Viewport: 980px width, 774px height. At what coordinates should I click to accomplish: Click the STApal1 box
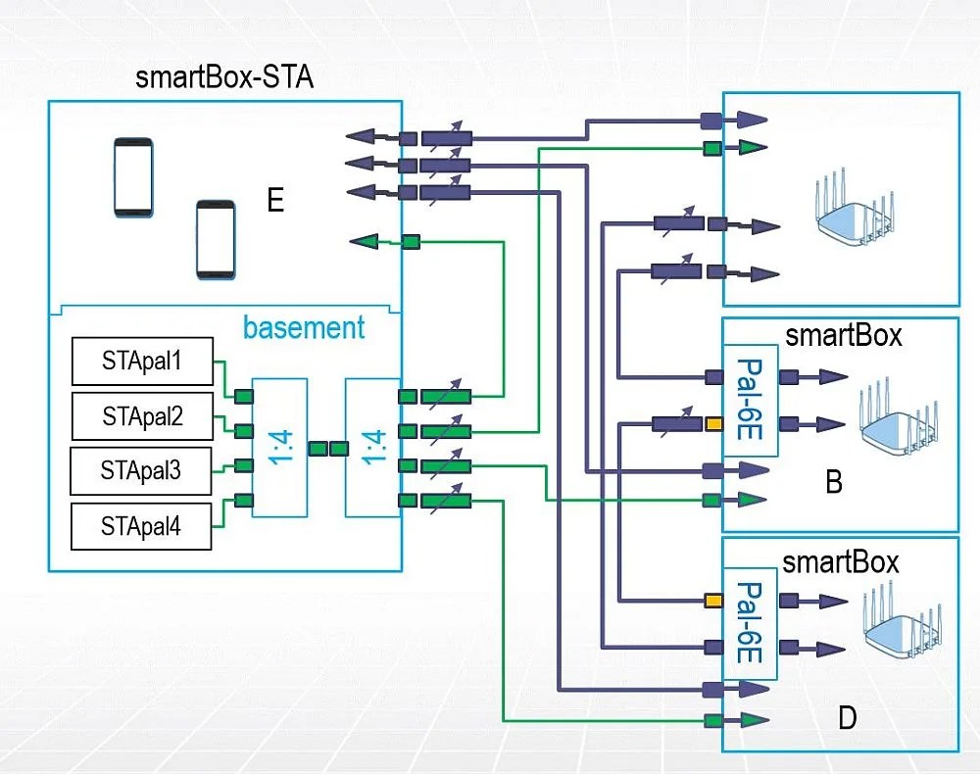point(142,363)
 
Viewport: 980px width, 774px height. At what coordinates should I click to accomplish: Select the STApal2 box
point(142,416)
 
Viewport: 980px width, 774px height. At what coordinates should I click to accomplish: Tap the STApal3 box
point(140,470)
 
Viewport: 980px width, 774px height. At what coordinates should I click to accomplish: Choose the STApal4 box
point(140,526)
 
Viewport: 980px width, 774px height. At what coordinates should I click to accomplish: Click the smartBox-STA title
point(224,77)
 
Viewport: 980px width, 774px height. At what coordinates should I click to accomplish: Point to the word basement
point(304,327)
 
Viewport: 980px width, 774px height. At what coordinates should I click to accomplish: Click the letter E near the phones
point(275,202)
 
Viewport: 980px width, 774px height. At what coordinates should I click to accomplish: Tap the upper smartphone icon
point(133,176)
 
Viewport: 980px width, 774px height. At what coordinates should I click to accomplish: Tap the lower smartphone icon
point(216,240)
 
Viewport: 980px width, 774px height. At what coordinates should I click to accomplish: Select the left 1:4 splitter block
point(279,447)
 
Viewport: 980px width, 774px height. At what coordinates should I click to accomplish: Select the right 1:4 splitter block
point(372,447)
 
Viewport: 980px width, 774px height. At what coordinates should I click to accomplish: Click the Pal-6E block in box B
point(750,400)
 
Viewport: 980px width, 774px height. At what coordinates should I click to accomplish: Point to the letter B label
point(834,483)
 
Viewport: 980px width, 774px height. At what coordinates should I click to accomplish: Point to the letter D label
point(847,718)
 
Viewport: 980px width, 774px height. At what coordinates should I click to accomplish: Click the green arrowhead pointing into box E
point(367,241)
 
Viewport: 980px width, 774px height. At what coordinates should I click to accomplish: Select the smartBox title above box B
point(843,336)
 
